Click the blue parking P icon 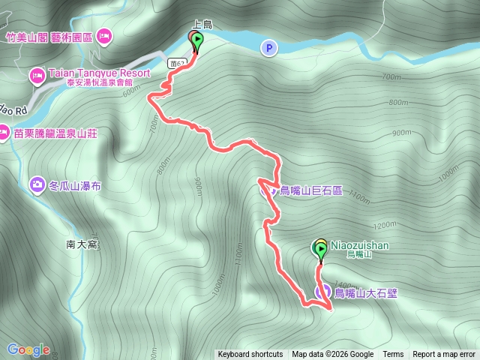(x=269, y=48)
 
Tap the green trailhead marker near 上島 (x=197, y=40)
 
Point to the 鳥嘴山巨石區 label (x=310, y=190)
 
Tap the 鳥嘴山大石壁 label (x=365, y=292)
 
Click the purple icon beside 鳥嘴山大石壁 (x=324, y=292)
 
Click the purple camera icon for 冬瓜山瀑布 (x=37, y=184)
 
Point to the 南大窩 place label (x=82, y=244)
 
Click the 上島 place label (x=202, y=25)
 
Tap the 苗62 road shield (x=177, y=63)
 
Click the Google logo (x=28, y=349)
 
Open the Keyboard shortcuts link (x=250, y=355)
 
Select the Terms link (x=393, y=355)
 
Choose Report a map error (x=444, y=355)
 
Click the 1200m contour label (x=382, y=224)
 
